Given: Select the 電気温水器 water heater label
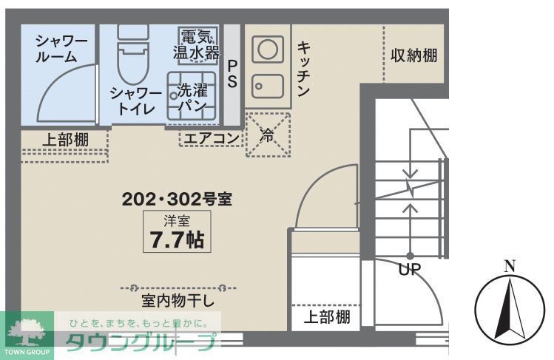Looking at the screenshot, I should [x=197, y=44].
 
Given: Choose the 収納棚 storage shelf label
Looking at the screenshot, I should [x=414, y=56].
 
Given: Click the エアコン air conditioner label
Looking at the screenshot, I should [x=211, y=137].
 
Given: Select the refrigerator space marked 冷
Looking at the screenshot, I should [x=268, y=134].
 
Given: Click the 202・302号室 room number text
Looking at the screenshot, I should [x=178, y=199].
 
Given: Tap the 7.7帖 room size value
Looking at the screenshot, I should [x=177, y=240].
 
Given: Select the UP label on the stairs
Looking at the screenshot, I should [x=409, y=270].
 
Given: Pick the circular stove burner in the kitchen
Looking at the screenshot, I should [x=267, y=50].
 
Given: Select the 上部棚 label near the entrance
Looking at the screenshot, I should [x=327, y=317].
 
